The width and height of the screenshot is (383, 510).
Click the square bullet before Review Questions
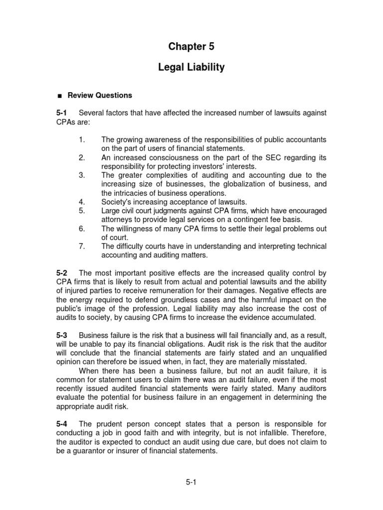tap(59, 96)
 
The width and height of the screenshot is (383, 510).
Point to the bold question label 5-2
tap(62, 273)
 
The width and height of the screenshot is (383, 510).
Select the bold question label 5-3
tap(62, 336)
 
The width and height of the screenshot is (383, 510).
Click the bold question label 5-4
tap(62, 424)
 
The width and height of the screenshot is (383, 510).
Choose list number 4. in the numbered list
tap(82, 202)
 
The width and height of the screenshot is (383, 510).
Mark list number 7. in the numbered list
tap(82, 246)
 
